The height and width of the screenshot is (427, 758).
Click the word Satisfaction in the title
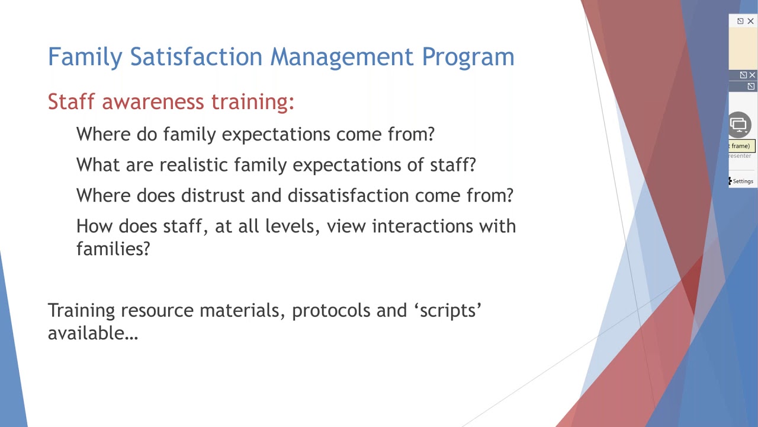(197, 57)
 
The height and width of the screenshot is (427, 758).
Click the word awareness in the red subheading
(153, 101)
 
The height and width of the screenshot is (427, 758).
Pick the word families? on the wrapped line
(113, 249)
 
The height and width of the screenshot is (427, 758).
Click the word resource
(157, 311)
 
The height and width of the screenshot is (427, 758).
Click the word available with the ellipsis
(92, 333)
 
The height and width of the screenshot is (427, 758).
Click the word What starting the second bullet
(98, 165)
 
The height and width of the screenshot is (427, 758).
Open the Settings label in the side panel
(743, 181)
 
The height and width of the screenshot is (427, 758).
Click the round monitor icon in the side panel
(739, 125)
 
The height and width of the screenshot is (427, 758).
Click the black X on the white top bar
(750, 21)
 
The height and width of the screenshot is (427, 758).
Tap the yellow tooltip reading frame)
(740, 146)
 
